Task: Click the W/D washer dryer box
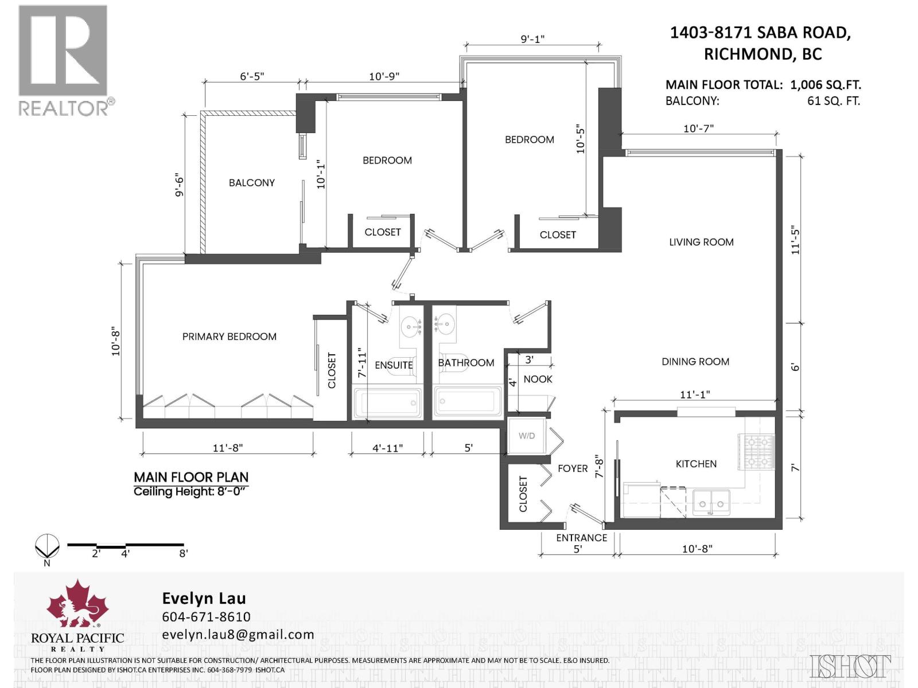[527, 436]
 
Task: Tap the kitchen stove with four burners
[759, 451]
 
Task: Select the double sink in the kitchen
[711, 502]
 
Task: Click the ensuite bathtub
[388, 404]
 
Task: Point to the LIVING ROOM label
[701, 242]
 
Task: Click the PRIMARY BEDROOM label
[229, 337]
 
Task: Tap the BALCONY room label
[251, 183]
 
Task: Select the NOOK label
[538, 379]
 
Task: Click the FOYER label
[572, 468]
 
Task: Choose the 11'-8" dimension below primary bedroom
[228, 448]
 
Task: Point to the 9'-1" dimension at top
[532, 39]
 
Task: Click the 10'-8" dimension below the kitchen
[697, 549]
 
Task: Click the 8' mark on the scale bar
[183, 553]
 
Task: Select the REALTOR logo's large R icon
[63, 50]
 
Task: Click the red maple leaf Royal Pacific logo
[77, 604]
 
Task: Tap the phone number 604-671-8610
[206, 616]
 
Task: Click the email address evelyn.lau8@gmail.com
[238, 635]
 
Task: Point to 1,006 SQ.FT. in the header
[825, 85]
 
